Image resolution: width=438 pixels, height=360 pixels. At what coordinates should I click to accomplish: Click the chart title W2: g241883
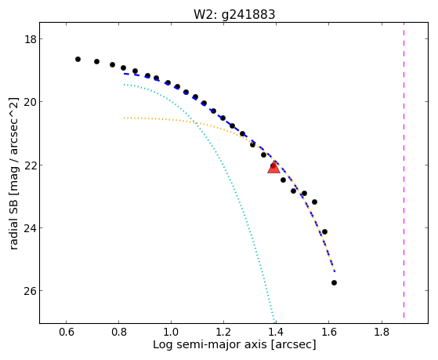pos(234,14)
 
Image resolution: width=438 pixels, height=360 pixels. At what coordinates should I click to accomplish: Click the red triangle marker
pos(273,167)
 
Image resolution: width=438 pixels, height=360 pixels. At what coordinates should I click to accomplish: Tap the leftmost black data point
pos(78,60)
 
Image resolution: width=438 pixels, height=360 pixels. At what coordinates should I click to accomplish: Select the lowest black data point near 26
pos(334,283)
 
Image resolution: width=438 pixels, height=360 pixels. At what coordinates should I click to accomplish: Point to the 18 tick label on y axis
pos(31,39)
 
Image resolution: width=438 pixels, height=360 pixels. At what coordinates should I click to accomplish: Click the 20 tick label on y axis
pos(31,102)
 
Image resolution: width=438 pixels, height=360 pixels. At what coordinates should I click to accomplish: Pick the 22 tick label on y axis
pos(31,165)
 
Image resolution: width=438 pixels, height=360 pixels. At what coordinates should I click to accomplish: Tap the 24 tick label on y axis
pos(31,228)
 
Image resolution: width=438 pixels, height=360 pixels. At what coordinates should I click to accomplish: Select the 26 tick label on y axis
pos(31,291)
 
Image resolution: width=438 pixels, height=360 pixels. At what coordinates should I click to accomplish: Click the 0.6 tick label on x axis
pos(66,332)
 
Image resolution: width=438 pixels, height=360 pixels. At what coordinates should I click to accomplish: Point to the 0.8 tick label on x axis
pos(119,332)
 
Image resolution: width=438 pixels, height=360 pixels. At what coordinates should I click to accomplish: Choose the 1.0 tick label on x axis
pos(171,332)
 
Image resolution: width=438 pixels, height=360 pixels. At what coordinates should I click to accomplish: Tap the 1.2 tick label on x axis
pos(223,332)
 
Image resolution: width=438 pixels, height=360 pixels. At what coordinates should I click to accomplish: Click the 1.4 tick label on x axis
pos(276,332)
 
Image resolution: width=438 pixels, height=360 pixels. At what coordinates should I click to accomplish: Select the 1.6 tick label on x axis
pos(328,332)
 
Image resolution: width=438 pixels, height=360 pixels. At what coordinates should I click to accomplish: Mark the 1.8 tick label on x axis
pos(381,332)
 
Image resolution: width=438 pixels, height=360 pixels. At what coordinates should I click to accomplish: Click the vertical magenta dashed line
pos(404,170)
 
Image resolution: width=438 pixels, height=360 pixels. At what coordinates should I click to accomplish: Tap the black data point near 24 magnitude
pos(324,231)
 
